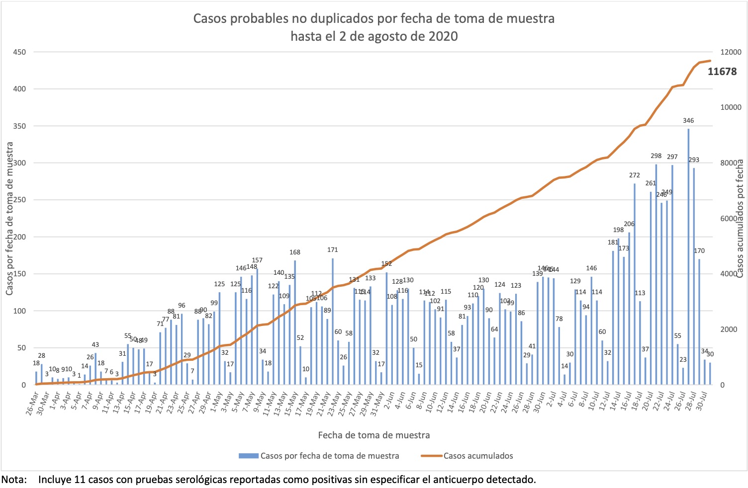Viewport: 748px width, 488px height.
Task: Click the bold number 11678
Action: click(x=722, y=72)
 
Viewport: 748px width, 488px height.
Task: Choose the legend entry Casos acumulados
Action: click(x=477, y=456)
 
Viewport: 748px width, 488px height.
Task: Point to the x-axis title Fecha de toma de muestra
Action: click(x=374, y=435)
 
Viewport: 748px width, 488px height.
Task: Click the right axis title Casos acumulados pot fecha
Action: click(x=740, y=219)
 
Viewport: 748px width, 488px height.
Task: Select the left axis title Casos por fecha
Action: click(x=9, y=219)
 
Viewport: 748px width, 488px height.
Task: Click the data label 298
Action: click(x=656, y=156)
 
